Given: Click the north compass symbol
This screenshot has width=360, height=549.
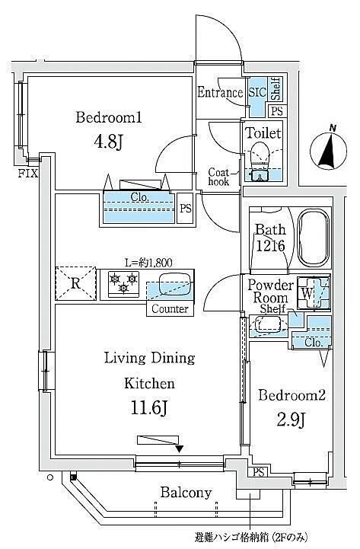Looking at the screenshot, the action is click(x=329, y=148).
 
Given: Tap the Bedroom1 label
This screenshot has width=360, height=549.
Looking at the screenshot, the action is click(x=109, y=117).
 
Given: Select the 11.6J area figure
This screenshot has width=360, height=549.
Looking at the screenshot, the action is click(x=149, y=407).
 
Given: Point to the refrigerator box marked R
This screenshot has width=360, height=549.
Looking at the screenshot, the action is click(x=75, y=283).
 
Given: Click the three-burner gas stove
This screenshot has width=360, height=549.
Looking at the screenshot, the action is click(x=123, y=284).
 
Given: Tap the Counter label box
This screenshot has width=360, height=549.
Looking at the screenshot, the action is click(x=170, y=309).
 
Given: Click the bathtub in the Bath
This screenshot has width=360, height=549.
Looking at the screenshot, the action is click(x=314, y=238).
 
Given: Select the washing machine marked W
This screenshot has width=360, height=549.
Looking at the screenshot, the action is click(x=313, y=293).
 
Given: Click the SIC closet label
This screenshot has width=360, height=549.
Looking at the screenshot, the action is click(x=257, y=92).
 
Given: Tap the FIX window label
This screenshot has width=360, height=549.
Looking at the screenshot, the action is click(x=28, y=174).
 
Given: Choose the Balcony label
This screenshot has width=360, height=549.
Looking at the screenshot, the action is click(x=186, y=493).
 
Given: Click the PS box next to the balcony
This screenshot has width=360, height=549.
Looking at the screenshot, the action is click(x=258, y=472).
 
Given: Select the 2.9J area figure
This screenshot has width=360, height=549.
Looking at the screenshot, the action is click(x=292, y=420).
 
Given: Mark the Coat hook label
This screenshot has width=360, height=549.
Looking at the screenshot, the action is click(x=218, y=177).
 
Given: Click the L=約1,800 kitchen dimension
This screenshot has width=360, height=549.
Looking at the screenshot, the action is click(x=148, y=262).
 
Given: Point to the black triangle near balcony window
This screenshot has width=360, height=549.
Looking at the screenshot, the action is click(x=180, y=448).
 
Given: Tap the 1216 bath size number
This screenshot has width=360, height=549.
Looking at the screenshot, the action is click(x=270, y=246).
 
